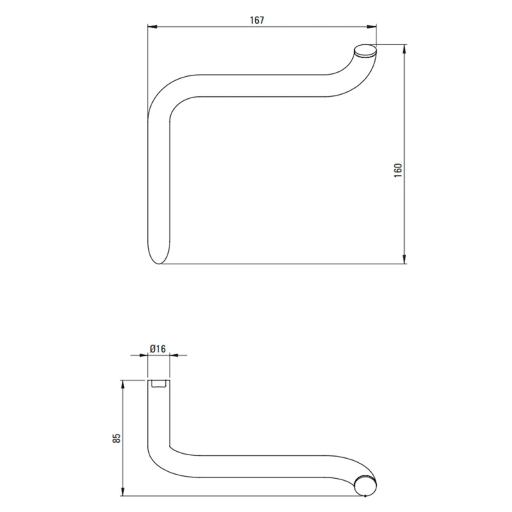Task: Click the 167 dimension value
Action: click(x=257, y=20)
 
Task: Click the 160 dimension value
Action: click(x=398, y=170)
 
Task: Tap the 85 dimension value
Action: click(x=116, y=438)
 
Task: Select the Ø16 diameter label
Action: click(x=158, y=349)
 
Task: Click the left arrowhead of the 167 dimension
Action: click(x=152, y=27)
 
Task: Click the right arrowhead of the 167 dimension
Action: click(x=372, y=27)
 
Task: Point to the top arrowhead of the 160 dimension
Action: click(x=405, y=49)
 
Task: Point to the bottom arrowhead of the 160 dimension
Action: click(x=405, y=259)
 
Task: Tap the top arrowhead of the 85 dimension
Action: click(x=123, y=385)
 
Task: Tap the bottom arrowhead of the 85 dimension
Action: click(x=123, y=491)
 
